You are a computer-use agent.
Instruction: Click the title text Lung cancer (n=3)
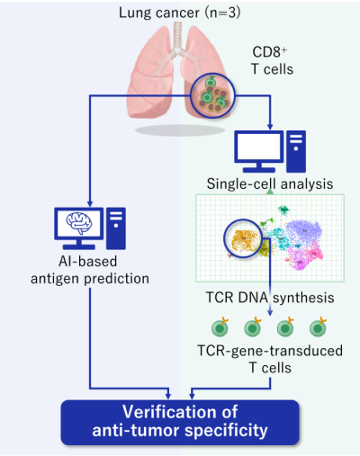point(180,13)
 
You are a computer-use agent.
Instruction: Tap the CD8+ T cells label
point(272,61)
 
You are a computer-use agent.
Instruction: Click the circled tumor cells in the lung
point(212,95)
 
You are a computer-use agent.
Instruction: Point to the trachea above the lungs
point(177,36)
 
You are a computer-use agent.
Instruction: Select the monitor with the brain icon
point(79,228)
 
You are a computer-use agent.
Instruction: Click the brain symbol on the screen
point(79,223)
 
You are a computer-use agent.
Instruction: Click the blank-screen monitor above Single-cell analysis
point(259,151)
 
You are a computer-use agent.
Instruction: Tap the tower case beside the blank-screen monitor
point(296,151)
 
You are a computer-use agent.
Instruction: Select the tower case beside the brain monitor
point(116,228)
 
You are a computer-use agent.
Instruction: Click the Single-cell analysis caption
point(270,183)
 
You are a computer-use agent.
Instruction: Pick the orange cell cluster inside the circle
point(244,239)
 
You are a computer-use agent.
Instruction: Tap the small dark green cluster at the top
point(283,210)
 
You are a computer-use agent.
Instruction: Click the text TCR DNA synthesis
point(270,298)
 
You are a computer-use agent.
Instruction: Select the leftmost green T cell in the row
point(220,327)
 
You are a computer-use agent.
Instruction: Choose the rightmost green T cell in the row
point(318,327)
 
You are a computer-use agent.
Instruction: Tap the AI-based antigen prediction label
point(90,270)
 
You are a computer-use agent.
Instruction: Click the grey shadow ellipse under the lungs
point(180,130)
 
